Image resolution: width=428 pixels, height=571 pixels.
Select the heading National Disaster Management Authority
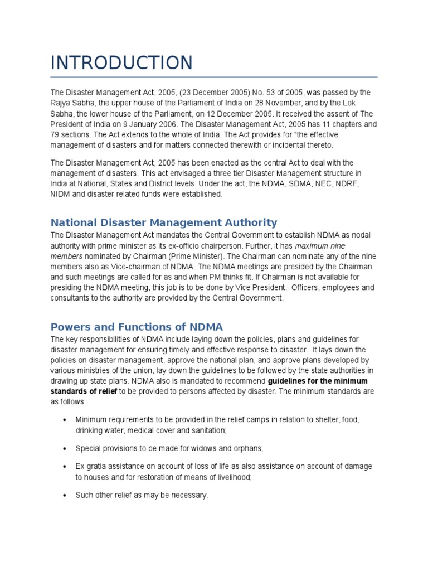[163, 222]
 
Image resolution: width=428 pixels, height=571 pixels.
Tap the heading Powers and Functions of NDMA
[137, 327]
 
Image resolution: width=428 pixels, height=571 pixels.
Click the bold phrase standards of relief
[84, 391]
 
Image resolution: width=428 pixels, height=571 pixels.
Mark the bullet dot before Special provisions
[66, 448]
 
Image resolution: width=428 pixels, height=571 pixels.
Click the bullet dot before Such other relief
[66, 495]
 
